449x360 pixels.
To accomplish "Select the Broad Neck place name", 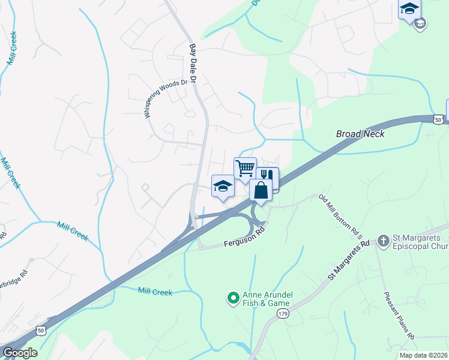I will (x=360, y=134).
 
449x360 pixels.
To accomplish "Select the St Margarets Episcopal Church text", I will (x=420, y=242).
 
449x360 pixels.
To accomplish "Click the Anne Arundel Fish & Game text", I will (x=267, y=299).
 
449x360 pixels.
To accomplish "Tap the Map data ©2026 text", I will (x=423, y=355).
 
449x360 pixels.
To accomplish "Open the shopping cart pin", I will (x=245, y=168).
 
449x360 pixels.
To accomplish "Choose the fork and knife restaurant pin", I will (x=267, y=177).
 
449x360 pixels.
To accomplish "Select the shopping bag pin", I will (x=261, y=190).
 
